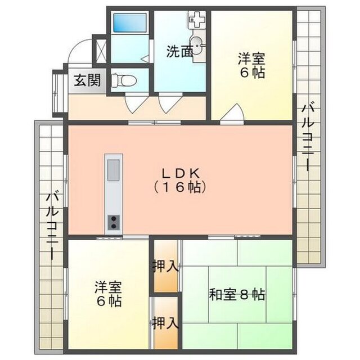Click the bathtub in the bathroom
[130, 22]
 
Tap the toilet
[124, 80]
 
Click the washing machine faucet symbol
[196, 20]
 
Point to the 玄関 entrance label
[88, 80]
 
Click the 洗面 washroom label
[179, 52]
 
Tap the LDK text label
[181, 174]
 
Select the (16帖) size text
[180, 187]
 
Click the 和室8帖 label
[237, 295]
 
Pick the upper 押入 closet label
[166, 266]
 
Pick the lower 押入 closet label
[166, 322]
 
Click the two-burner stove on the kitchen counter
[114, 223]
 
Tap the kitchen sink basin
[114, 170]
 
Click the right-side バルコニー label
[308, 137]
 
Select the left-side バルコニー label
[52, 226]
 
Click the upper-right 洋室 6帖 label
[251, 66]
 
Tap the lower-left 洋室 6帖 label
[108, 294]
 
